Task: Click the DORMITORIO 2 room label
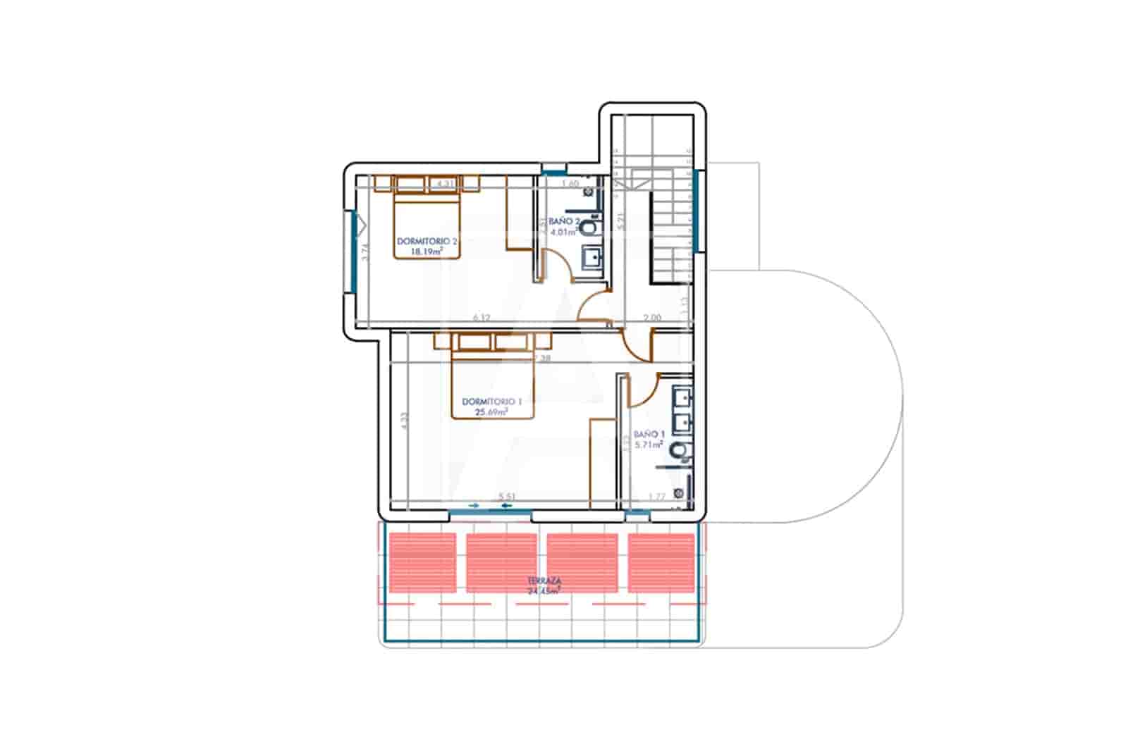(x=427, y=241)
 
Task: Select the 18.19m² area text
(x=427, y=250)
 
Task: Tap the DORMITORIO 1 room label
(x=491, y=402)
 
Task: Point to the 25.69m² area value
(x=491, y=412)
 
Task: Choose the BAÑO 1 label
(x=649, y=435)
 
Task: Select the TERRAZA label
(x=544, y=581)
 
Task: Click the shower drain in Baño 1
(x=678, y=493)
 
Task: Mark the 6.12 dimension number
(x=482, y=318)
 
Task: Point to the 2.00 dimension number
(x=653, y=318)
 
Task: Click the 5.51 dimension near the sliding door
(x=507, y=497)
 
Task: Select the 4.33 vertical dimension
(x=404, y=421)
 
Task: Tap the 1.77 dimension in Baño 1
(x=656, y=497)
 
